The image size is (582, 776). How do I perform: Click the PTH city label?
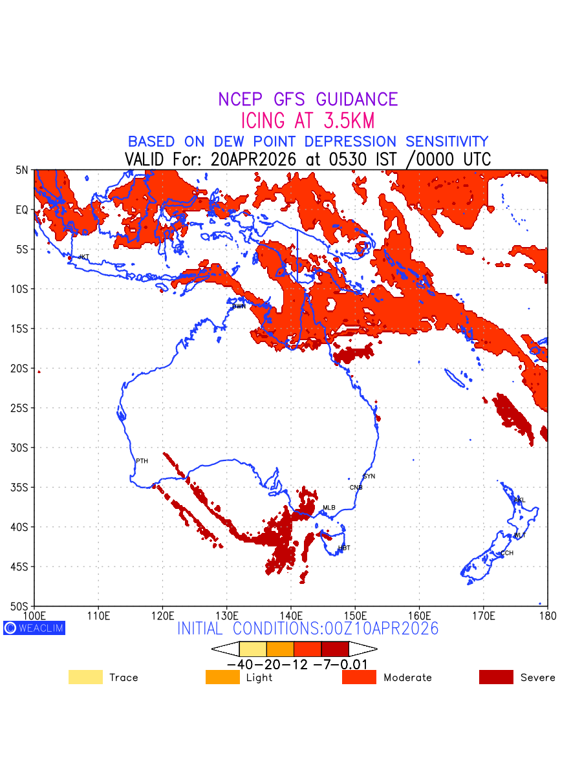click(x=142, y=461)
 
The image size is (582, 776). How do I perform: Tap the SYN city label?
click(x=369, y=477)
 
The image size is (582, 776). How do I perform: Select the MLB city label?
click(x=329, y=508)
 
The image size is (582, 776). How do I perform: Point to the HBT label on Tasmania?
click(x=344, y=548)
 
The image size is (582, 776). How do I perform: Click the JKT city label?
click(x=83, y=257)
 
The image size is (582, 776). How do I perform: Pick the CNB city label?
click(x=356, y=488)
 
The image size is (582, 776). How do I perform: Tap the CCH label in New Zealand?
click(x=507, y=553)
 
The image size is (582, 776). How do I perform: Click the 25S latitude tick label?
click(x=21, y=408)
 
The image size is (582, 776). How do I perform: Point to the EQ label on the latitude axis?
click(x=22, y=210)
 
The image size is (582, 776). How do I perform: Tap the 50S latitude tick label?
click(x=21, y=607)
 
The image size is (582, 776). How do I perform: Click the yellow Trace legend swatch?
click(x=85, y=677)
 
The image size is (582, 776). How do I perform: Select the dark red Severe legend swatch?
click(x=496, y=677)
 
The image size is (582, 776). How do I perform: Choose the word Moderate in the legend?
click(x=407, y=678)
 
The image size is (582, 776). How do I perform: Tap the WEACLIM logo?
click(x=34, y=628)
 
